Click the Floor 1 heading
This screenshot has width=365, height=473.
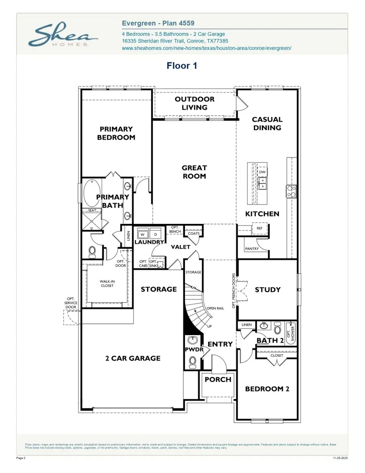182,66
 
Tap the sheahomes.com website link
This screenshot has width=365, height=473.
206,48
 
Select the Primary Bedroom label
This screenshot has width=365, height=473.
116,133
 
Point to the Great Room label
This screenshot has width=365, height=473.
194,172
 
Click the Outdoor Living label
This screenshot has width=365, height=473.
195,103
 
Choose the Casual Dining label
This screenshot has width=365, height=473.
267,124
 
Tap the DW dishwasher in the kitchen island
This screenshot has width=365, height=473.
262,172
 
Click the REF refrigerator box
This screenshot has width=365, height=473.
260,229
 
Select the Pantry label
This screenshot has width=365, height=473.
252,249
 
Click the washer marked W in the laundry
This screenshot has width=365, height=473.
143,234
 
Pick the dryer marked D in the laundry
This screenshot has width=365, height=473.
155,234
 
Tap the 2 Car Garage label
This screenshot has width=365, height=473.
133,358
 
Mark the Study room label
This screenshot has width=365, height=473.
268,290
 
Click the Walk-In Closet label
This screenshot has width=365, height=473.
107,283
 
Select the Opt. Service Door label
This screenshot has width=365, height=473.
71,303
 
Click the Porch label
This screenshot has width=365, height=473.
218,380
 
